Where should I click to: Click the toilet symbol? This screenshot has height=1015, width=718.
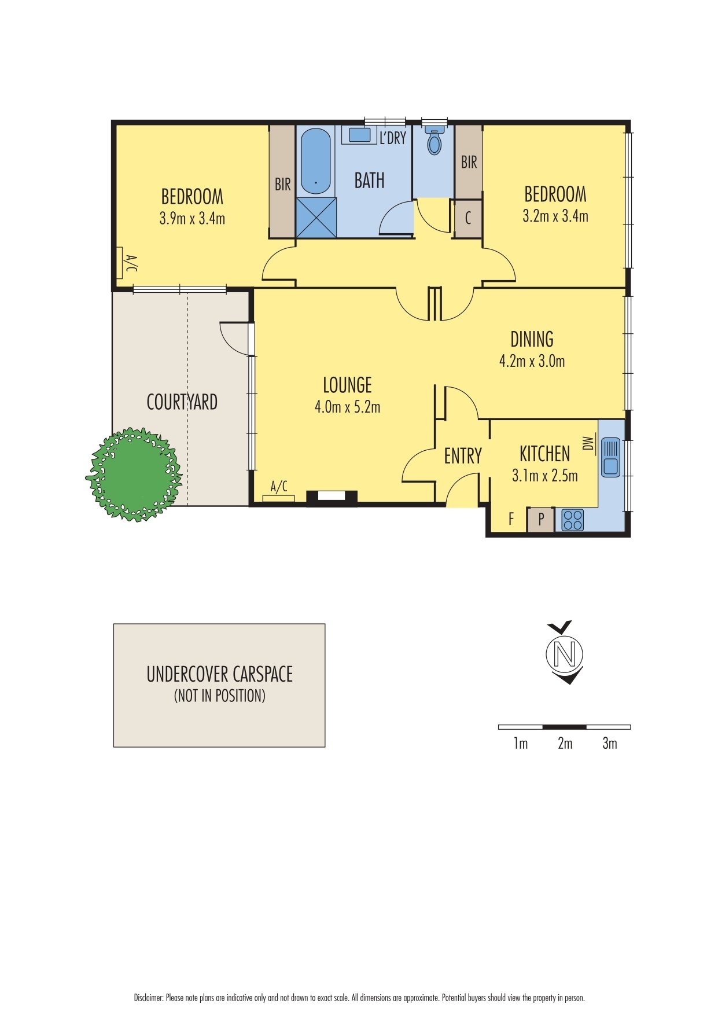coord(434,142)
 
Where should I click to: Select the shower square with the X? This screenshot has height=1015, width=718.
coord(316,218)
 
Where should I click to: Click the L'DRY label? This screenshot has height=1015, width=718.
coord(393,138)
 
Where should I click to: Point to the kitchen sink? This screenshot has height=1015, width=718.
coord(610,457)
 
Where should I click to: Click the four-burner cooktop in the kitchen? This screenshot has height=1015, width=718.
coord(572,520)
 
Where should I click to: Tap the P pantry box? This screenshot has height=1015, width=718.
coord(541,520)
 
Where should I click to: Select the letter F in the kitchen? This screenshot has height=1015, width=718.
coord(511,519)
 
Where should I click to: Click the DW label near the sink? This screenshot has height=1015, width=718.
coord(589,443)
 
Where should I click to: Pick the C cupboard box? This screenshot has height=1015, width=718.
coord(468,218)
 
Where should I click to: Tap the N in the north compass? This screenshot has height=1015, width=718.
coord(565,654)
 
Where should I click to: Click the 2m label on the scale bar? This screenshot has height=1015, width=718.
coord(565,744)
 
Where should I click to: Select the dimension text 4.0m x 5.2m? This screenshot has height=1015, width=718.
coord(347,407)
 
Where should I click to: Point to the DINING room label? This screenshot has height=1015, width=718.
coord(532,339)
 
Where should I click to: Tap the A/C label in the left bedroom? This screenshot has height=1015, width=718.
coord(131,263)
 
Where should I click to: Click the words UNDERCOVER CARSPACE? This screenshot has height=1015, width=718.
coord(219,674)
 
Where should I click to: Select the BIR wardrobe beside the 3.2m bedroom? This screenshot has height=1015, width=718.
coord(469,162)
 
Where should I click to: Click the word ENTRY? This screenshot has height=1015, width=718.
coord(463,456)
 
